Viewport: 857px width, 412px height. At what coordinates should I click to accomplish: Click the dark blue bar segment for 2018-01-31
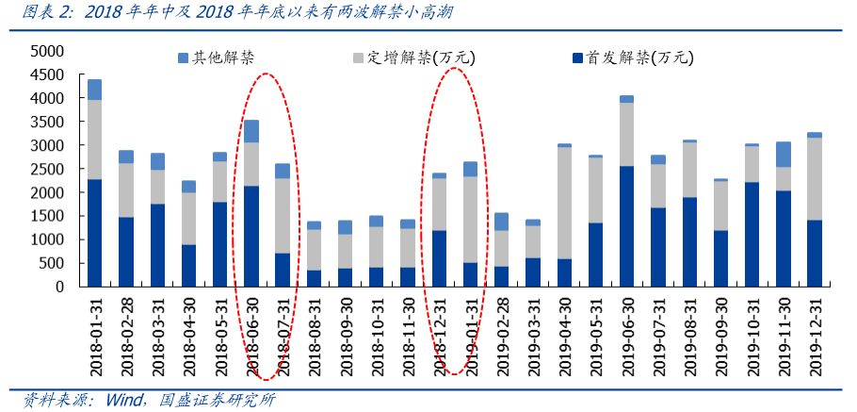94,232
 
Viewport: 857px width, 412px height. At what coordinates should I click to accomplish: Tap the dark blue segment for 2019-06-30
626,225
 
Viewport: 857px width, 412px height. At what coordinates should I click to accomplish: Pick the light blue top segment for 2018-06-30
251,131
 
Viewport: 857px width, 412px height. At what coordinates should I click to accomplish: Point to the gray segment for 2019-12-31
814,178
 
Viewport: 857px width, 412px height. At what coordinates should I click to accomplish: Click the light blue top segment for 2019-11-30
783,155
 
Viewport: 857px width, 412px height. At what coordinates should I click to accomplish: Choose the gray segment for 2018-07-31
283,215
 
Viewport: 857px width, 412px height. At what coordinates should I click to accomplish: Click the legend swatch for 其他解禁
184,58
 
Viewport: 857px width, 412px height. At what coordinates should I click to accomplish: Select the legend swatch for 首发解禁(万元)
576,58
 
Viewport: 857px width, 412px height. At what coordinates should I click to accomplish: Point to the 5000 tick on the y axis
46,51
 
